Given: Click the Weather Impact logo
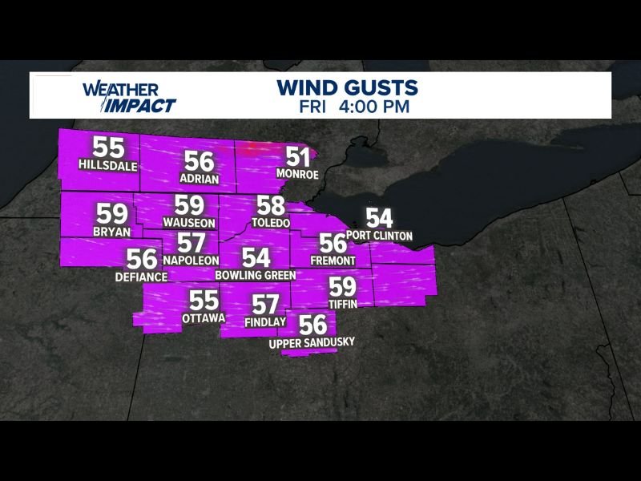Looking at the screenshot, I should click(128, 95).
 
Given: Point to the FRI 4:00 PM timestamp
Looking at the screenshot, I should click(355, 105).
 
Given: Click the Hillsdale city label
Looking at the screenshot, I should click(108, 165).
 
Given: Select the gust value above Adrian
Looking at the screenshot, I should click(199, 161).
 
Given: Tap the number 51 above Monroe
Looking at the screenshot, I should click(297, 157).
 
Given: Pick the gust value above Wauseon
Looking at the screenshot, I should click(189, 205).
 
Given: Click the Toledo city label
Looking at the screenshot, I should click(270, 222).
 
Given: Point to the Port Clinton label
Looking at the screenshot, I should click(380, 236).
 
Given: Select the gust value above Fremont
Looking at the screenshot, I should click(332, 243).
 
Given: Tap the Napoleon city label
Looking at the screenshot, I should click(191, 261).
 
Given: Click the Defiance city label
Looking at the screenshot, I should click(140, 277).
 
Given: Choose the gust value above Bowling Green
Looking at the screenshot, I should click(256, 258).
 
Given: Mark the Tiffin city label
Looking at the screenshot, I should click(342, 304).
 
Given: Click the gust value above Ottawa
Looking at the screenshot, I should click(204, 301).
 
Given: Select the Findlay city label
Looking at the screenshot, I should click(265, 321).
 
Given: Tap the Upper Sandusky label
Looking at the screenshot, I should click(312, 342).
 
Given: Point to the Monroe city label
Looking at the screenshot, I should click(297, 174).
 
